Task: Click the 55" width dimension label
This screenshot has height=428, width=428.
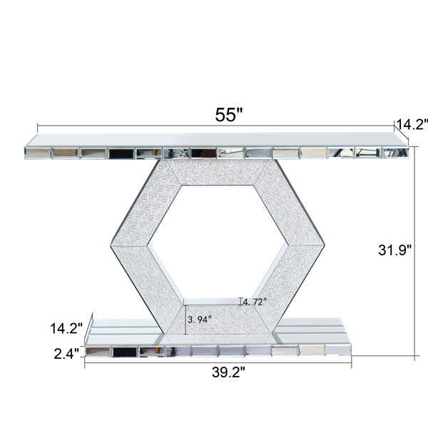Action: [229, 115]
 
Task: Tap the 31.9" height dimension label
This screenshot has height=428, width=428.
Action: [394, 250]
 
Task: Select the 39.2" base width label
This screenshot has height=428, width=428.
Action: [228, 372]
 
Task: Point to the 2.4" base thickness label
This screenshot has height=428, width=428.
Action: [66, 354]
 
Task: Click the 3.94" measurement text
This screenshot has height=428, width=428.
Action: [200, 320]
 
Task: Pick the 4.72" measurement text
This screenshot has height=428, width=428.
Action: [255, 302]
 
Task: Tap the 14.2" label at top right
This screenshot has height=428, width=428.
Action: [412, 125]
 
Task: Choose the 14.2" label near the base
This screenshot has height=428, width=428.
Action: [66, 328]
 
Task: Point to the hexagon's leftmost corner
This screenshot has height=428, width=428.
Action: [111, 246]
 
